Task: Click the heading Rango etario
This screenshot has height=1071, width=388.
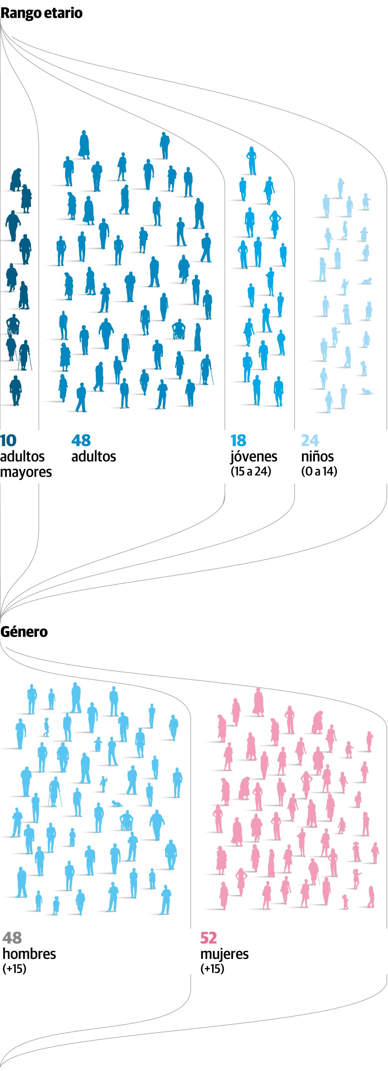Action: click(x=41, y=13)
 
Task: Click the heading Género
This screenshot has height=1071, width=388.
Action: click(x=24, y=631)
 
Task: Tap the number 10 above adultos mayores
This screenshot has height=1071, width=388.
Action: click(x=8, y=440)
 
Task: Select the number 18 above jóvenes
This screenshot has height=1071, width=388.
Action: click(x=238, y=440)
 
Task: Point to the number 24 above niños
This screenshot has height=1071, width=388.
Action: click(x=310, y=440)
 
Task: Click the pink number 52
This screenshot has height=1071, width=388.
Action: click(x=209, y=938)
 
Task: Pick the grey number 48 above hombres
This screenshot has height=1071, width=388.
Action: click(x=12, y=938)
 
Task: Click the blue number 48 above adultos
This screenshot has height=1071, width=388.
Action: click(x=81, y=440)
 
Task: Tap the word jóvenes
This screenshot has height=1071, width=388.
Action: click(x=254, y=457)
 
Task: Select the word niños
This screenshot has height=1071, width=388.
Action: click(x=317, y=456)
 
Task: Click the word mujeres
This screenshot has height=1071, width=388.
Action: click(x=225, y=954)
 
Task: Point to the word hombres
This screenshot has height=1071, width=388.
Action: click(x=29, y=954)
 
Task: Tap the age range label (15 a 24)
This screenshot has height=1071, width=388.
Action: click(x=251, y=472)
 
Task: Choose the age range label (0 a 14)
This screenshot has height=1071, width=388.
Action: click(x=319, y=472)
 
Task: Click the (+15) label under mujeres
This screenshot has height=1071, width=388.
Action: click(x=212, y=969)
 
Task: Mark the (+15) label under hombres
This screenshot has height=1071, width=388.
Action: click(x=14, y=969)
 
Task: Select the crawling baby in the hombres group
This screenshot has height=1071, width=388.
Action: click(x=117, y=804)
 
